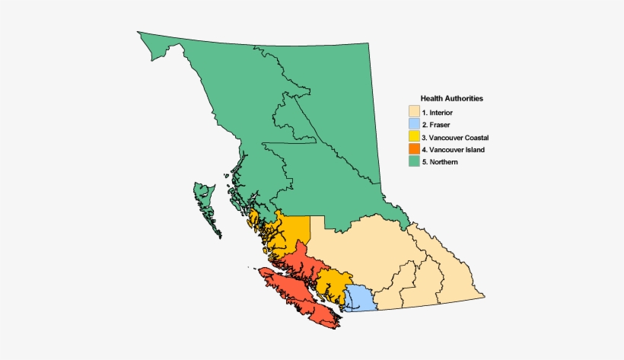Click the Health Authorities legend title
[452, 99]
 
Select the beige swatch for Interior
[414, 112]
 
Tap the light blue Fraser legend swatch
[414, 124]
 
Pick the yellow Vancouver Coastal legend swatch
[414, 137]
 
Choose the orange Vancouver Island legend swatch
[414, 149]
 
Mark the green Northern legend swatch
[414, 162]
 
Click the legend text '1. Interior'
[441, 113]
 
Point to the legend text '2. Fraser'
[440, 125]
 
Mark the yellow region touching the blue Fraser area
[333, 282]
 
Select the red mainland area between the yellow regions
[301, 259]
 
